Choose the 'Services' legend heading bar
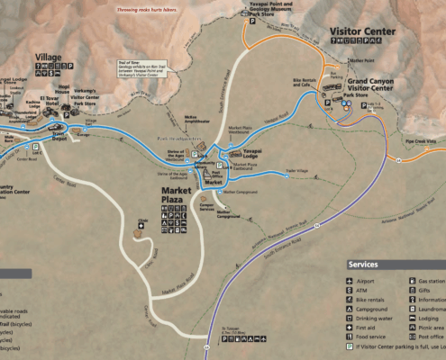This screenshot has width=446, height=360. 395,265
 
